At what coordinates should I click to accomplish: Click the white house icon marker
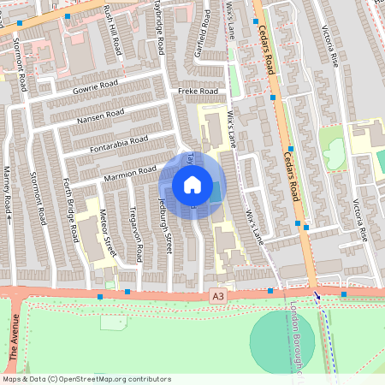coord(192,184)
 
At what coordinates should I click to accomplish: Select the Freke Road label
coord(198,92)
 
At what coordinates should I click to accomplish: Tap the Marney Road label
coord(8,194)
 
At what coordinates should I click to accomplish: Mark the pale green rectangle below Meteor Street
coord(112,323)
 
